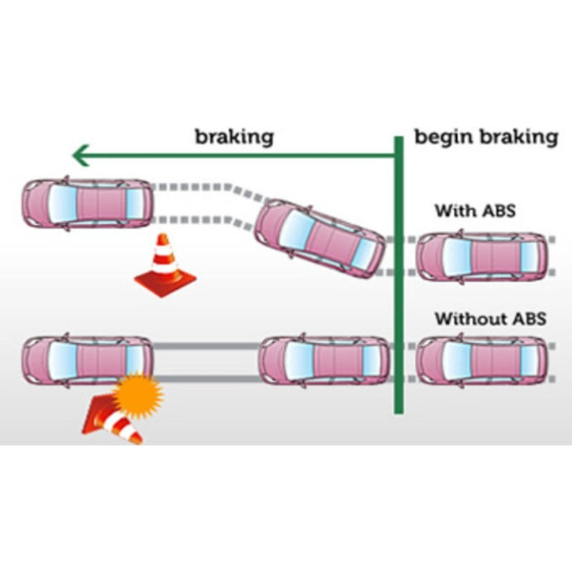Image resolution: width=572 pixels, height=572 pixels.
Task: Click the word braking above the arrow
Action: point(235,137)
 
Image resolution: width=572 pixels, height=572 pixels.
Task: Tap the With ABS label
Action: point(475,212)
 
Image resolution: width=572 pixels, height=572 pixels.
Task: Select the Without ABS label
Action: point(490,319)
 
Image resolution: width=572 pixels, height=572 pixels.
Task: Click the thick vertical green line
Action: point(397,286)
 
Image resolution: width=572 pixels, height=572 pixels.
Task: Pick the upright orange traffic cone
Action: point(165,265)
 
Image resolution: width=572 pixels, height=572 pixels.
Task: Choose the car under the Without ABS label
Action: point(482,361)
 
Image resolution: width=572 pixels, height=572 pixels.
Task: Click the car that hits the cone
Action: point(87,361)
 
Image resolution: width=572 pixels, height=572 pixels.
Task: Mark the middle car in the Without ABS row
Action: point(325,361)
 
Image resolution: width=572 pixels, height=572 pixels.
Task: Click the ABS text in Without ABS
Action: point(528,319)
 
